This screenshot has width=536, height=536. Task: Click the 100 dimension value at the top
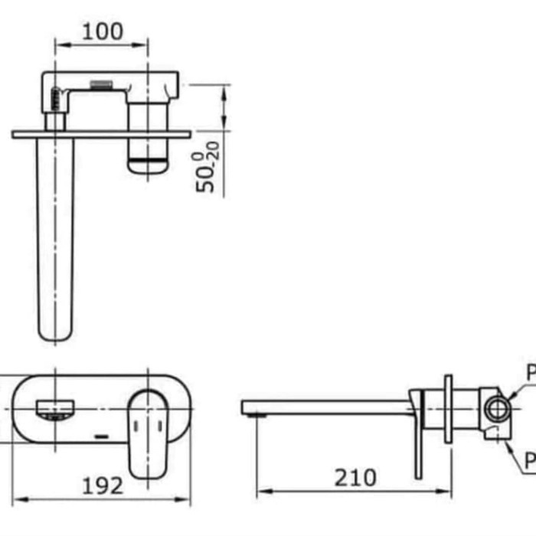pos(102,31)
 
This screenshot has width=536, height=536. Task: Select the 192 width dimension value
pos(102,485)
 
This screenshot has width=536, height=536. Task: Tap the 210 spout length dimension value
pos(355,478)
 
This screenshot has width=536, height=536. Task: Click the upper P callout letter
pos(530,374)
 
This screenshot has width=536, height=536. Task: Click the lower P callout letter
pos(530,460)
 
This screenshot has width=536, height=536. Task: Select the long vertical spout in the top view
pos(55,237)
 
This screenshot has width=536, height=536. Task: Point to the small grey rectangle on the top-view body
pos(101,83)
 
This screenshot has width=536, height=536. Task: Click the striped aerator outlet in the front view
pos(55,411)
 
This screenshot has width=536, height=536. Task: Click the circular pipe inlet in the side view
pos(496,408)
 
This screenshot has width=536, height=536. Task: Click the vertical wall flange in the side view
pos(448,410)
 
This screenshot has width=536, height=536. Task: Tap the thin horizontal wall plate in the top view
pos(101,135)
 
